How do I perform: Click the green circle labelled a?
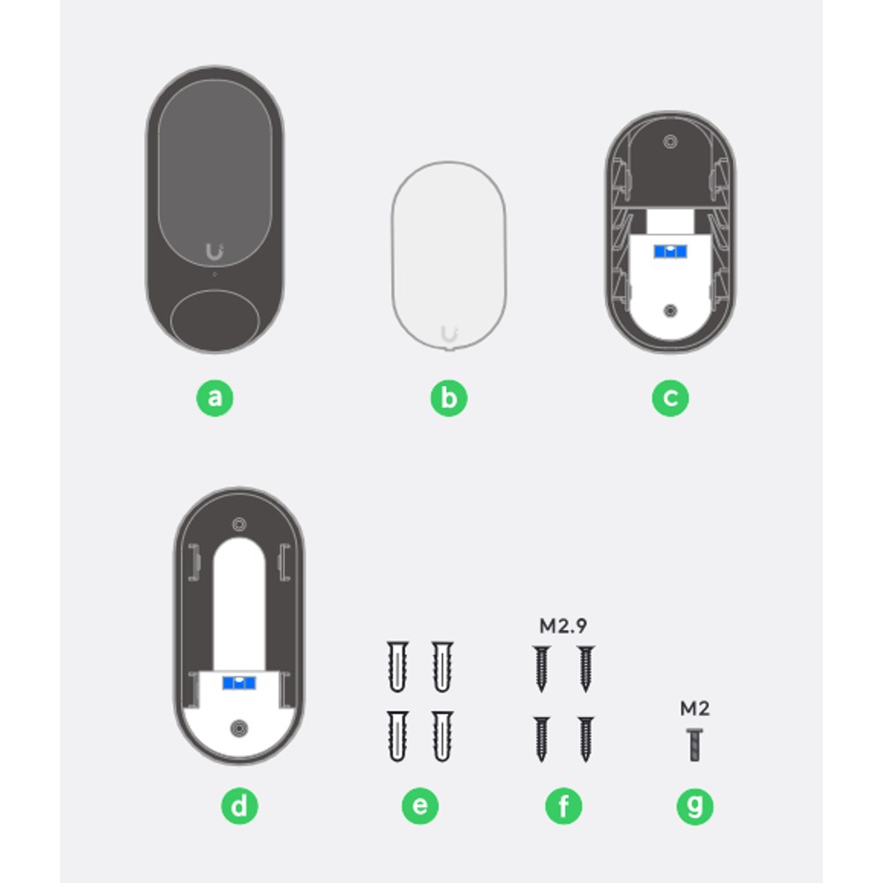tap(215, 398)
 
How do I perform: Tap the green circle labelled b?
tap(449, 398)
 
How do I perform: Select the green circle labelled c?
tap(670, 398)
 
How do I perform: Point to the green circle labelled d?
tap(239, 806)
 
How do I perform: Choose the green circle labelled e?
tap(420, 806)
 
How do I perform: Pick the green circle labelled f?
tap(563, 806)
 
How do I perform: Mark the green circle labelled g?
tap(695, 806)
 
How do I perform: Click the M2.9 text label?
tap(563, 626)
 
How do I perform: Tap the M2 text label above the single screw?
tap(695, 708)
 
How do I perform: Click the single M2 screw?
tap(695, 744)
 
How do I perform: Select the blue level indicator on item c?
tap(670, 251)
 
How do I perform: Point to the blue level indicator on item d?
tap(239, 683)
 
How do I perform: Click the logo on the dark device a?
tap(215, 251)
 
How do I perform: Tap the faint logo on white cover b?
tap(449, 334)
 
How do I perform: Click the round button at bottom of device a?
tap(215, 321)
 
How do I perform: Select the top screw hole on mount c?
tap(670, 141)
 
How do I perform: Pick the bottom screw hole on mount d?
tap(239, 728)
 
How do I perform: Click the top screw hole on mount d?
tap(239, 525)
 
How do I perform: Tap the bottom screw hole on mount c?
tap(670, 310)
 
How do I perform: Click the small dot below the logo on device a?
tap(215, 275)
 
